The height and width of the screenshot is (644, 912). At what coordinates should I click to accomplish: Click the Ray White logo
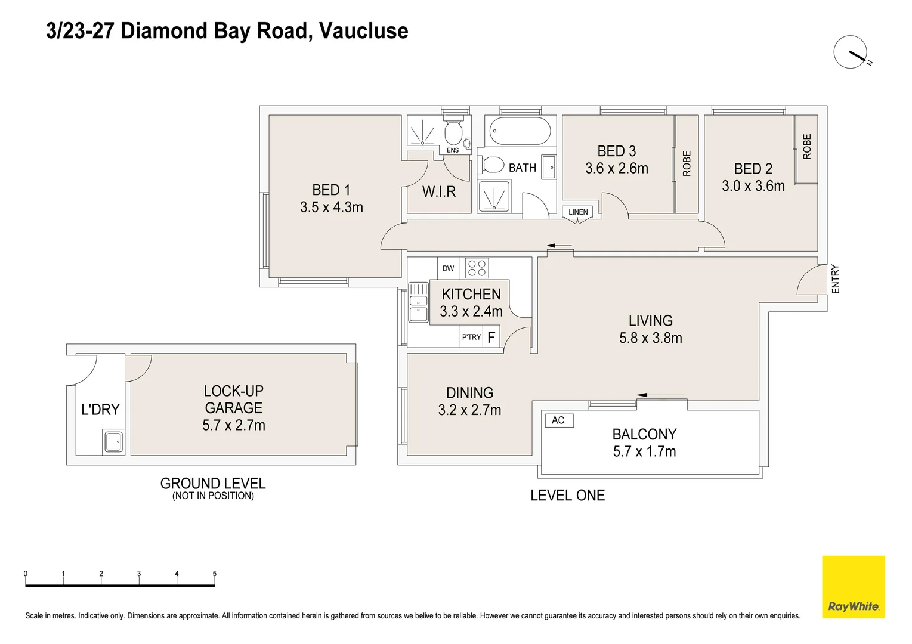tap(853, 587)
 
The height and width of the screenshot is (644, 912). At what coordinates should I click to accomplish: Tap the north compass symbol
tap(851, 52)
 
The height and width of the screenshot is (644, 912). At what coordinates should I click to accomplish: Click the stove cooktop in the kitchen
tap(477, 268)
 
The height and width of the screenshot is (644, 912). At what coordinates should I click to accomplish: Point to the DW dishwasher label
tap(448, 268)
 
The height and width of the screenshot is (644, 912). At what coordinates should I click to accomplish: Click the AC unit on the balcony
tap(558, 420)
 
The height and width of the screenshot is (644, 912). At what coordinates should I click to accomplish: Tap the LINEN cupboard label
tap(577, 212)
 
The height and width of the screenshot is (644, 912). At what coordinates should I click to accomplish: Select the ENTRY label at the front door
tap(835, 278)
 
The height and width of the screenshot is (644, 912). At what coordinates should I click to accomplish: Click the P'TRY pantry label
tap(471, 337)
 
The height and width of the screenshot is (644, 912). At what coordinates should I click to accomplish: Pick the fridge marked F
tap(491, 338)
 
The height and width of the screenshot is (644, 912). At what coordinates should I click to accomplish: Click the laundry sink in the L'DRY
tap(113, 442)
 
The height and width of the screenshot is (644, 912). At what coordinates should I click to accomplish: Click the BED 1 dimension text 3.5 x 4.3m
tap(331, 208)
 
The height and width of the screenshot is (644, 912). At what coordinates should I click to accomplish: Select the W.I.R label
tap(439, 192)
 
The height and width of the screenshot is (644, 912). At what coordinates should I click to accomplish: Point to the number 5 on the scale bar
tap(215, 574)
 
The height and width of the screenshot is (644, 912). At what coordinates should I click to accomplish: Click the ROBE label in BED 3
tap(687, 163)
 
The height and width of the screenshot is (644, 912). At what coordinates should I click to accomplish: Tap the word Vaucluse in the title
tap(364, 31)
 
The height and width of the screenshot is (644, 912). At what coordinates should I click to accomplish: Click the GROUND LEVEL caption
tap(213, 483)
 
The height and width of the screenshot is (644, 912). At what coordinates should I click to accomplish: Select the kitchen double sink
tap(418, 302)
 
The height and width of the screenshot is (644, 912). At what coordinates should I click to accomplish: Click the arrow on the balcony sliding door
tap(660, 395)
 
